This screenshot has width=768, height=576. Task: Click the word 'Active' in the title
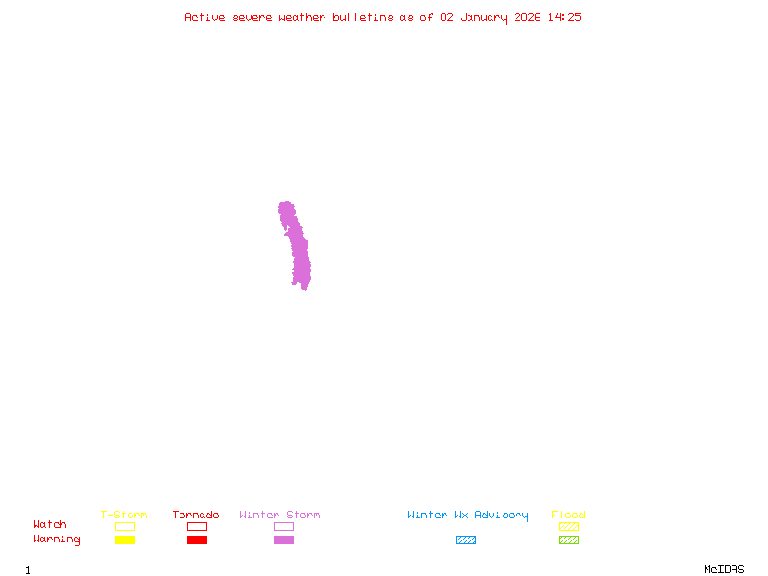tap(204, 17)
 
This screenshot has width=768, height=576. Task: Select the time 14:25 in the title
tap(564, 17)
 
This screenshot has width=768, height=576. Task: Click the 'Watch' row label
tap(50, 525)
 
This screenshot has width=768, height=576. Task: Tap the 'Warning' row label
tap(57, 540)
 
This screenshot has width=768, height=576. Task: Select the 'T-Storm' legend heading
tap(124, 516)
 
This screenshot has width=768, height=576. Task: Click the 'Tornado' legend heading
tap(196, 516)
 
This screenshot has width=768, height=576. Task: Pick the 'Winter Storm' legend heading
tap(279, 516)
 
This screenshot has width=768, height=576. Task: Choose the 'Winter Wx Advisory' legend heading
tap(468, 516)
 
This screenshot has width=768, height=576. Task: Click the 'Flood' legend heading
tap(568, 516)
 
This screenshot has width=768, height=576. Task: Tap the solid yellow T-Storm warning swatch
tap(125, 540)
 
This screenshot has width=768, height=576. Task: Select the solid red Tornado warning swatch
tap(197, 540)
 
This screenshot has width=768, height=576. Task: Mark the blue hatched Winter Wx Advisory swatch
tap(466, 540)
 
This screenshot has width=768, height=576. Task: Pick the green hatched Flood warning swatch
tap(568, 540)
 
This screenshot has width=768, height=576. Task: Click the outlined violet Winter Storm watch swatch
tap(283, 527)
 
